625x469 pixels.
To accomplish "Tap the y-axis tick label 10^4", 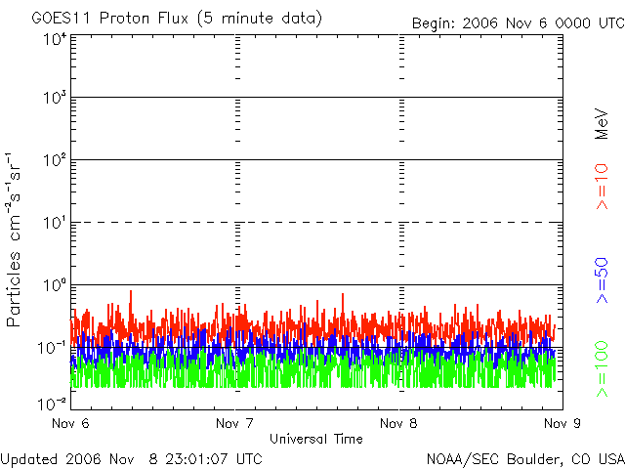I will [x=55, y=40].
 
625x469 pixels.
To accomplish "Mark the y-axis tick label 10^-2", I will [x=53, y=403].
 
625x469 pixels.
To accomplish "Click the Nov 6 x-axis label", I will [x=70, y=423].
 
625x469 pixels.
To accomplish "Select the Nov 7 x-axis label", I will [x=234, y=423].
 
